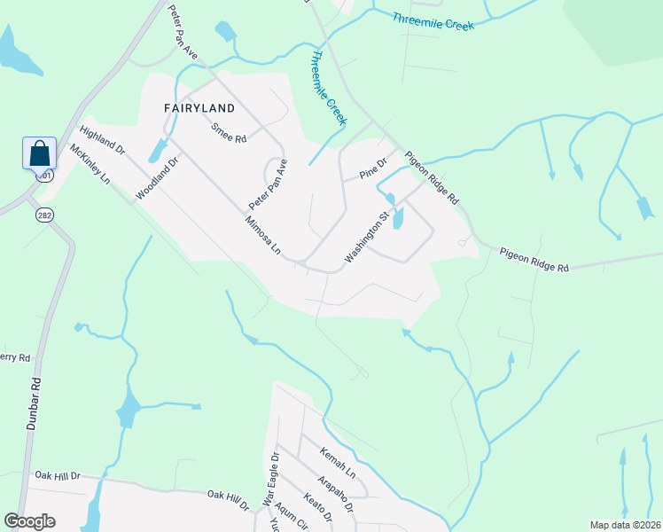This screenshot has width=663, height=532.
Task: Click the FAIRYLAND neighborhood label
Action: tap(199, 108)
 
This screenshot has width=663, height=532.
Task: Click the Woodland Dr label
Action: tap(158, 177)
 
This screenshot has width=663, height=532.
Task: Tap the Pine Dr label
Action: tap(374, 166)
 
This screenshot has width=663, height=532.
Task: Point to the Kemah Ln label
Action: tap(338, 462)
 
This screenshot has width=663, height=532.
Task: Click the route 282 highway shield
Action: tap(45, 215)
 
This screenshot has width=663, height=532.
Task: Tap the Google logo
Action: tap(29, 521)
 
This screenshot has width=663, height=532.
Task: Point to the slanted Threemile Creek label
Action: tap(328, 89)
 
